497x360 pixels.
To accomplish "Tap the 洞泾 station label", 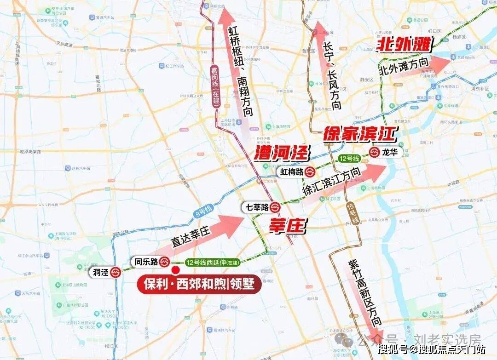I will (101, 272).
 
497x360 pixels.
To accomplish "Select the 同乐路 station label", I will (146, 262).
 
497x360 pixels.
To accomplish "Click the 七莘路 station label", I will (257, 207).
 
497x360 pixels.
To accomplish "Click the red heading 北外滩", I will (405, 45).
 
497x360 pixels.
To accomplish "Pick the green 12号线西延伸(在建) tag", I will (213, 262).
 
